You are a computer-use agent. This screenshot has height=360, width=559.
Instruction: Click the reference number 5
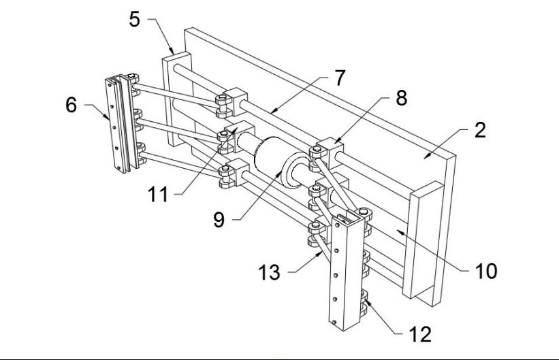click(135, 19)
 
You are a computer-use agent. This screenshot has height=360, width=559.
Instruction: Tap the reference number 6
click(71, 106)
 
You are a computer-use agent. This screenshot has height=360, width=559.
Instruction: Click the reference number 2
click(480, 131)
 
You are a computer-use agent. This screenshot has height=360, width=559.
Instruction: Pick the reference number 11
click(158, 194)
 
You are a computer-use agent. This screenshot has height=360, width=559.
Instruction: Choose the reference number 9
click(219, 220)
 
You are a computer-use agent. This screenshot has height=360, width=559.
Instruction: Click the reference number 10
click(486, 271)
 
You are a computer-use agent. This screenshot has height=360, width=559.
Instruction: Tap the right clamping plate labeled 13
click(344, 272)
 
